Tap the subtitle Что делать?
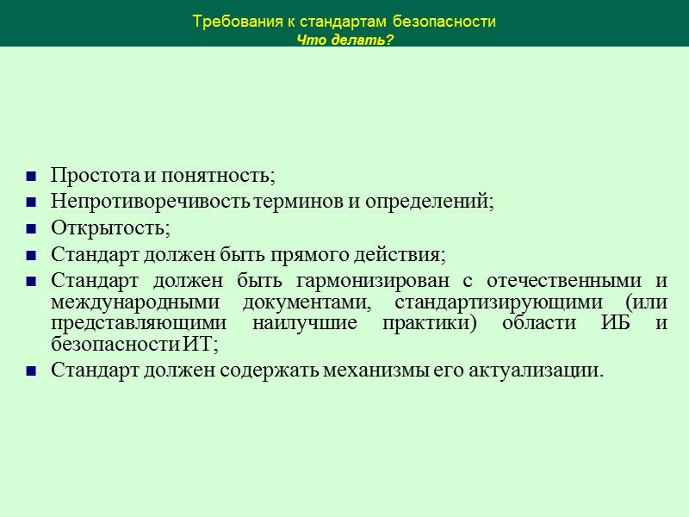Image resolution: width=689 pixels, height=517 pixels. pos(344,40)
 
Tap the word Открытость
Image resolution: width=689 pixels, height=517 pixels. pos(109,229)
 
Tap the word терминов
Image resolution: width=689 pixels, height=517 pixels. pos(301,202)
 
